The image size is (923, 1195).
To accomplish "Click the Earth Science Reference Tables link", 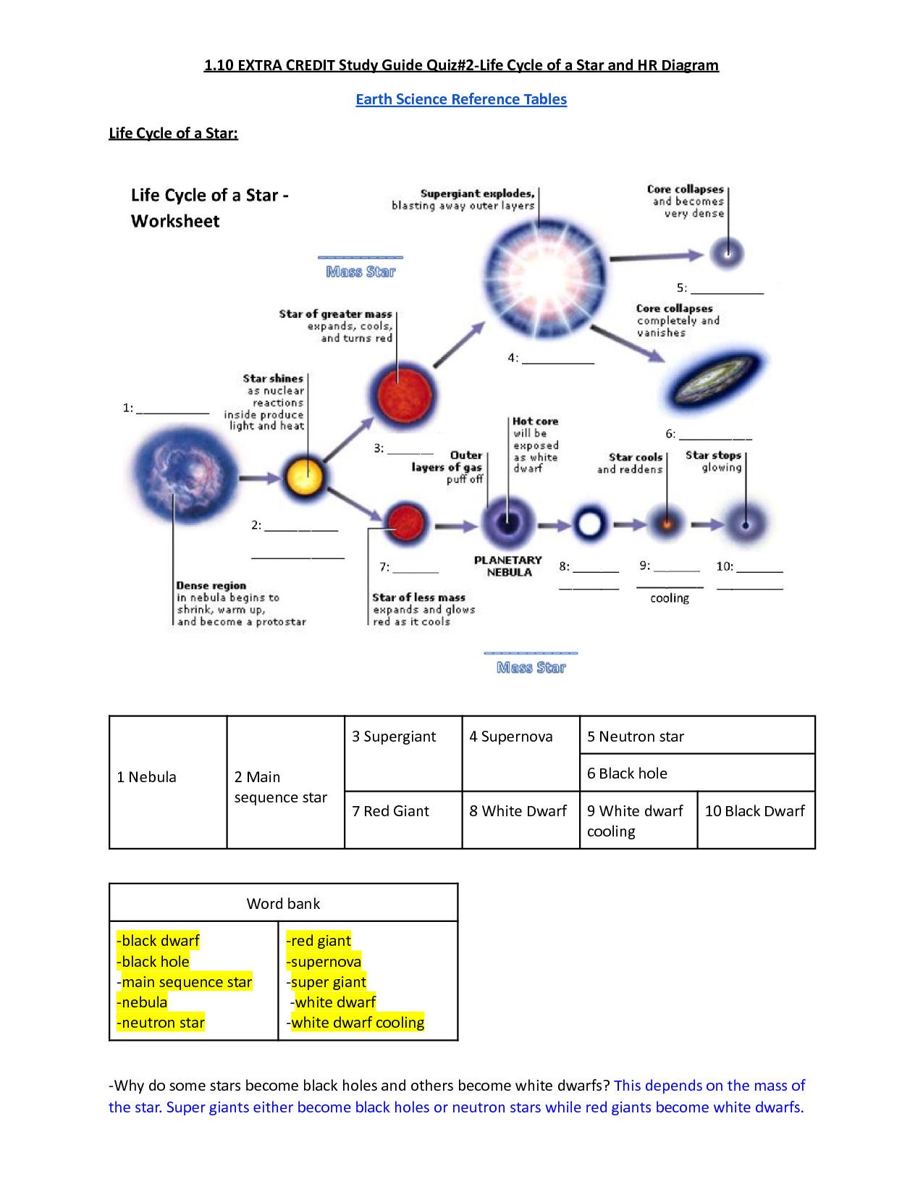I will (461, 99).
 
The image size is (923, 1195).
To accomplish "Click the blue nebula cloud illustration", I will (184, 474).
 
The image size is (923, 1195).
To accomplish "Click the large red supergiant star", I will (404, 396).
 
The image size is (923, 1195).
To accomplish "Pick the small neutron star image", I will (726, 253).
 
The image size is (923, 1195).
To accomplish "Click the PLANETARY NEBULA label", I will (508, 566).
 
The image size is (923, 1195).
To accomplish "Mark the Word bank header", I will (283, 904).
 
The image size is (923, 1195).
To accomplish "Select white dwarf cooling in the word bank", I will (358, 1023).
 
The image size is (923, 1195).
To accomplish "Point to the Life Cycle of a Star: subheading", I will (173, 133).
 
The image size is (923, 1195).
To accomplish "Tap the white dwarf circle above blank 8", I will (589, 524).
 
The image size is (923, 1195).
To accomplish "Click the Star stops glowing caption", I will (714, 461).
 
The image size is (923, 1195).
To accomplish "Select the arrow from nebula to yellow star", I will (259, 478).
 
